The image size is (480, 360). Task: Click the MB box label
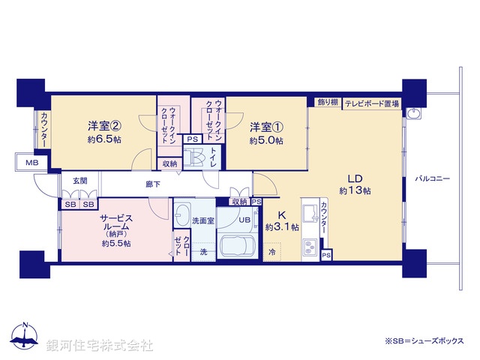tap(31, 163)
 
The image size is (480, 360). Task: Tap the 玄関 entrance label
tap(80, 181)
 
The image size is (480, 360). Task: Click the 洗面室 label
tap(203, 221)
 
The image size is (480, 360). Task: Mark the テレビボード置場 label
tap(372, 103)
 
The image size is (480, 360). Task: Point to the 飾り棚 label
tap(327, 103)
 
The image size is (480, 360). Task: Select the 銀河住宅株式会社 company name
tap(100, 346)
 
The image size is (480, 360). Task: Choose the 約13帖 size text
tap(355, 191)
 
